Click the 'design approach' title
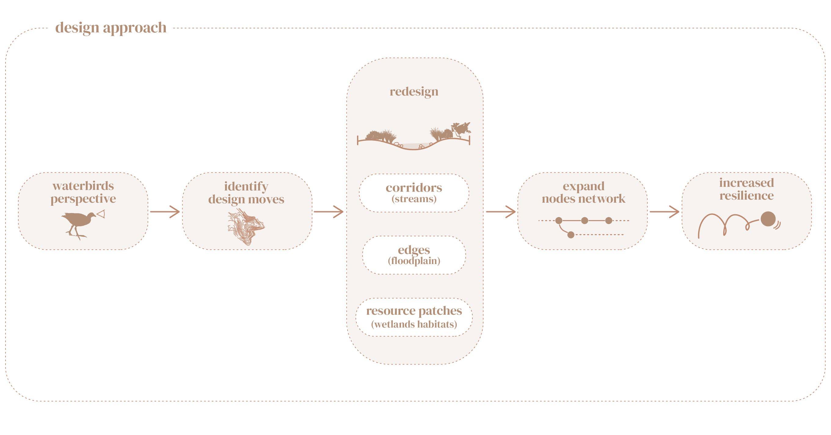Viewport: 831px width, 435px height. tap(111, 28)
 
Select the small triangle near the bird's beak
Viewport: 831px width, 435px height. tap(101, 214)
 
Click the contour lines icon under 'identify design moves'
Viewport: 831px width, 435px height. tap(246, 227)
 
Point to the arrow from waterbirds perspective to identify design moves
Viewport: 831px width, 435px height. tap(165, 212)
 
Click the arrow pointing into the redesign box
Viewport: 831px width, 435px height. tap(329, 212)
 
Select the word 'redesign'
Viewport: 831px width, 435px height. tap(414, 92)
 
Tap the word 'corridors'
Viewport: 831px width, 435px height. tap(414, 187)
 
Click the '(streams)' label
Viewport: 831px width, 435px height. tap(414, 199)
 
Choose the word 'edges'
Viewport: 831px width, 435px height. tap(414, 250)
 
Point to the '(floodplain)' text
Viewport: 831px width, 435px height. tap(414, 261)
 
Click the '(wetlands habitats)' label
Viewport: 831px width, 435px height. tap(414, 324)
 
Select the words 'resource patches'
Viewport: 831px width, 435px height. tap(414, 310)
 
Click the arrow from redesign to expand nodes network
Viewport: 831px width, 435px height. tap(501, 212)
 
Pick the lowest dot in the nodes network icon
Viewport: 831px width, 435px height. tap(571, 234)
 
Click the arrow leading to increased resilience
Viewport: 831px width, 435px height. tap(665, 212)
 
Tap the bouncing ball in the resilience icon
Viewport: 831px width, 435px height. tap(768, 219)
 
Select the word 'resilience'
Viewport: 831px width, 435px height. tap(746, 196)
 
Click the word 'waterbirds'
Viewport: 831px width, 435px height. tap(83, 186)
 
